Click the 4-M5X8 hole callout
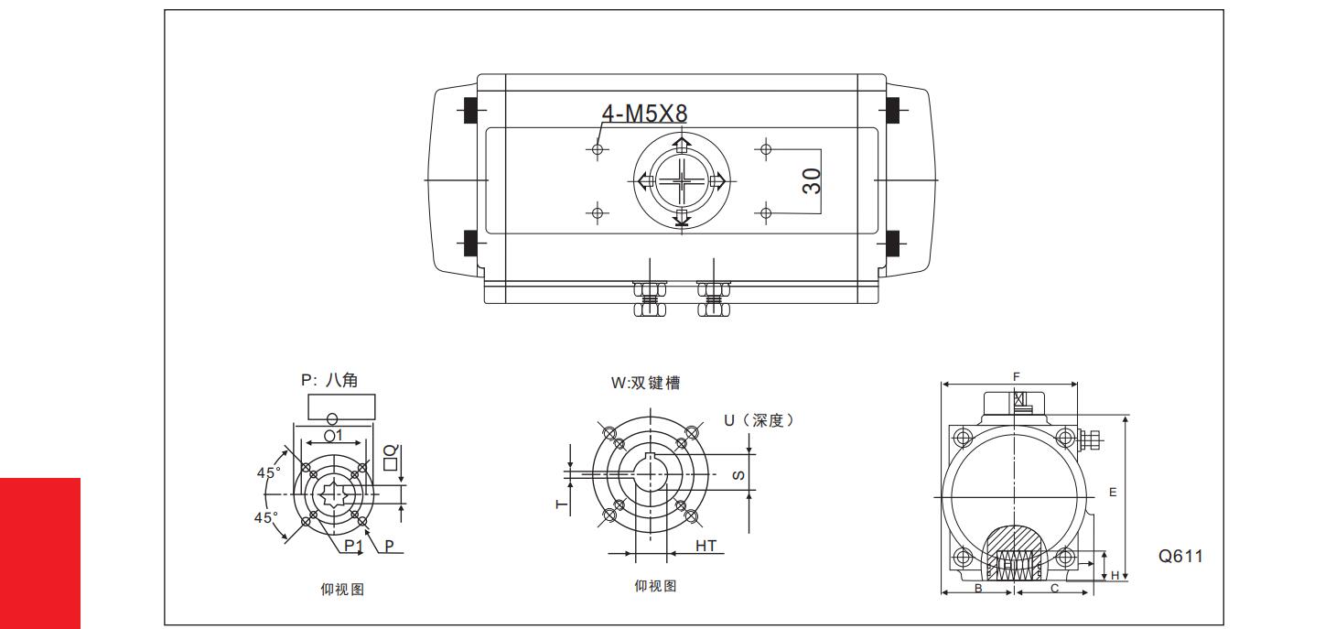click(643, 113)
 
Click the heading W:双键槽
click(646, 384)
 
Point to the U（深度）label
click(759, 420)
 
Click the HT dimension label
click(706, 546)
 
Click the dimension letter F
click(1016, 377)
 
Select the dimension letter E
click(1113, 492)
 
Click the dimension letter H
click(1115, 574)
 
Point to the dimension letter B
click(977, 589)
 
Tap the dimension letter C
click(1054, 589)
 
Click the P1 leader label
click(353, 546)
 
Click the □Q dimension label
click(389, 455)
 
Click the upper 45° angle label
click(268, 473)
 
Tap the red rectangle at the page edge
click(40, 553)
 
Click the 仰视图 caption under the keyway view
click(655, 586)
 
